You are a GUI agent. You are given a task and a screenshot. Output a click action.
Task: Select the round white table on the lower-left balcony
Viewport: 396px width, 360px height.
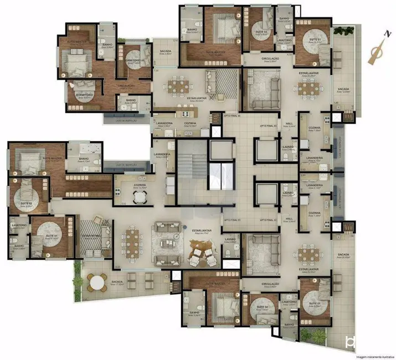[x=97, y=282]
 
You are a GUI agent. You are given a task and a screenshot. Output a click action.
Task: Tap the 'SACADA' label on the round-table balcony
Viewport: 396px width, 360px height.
[x=116, y=281]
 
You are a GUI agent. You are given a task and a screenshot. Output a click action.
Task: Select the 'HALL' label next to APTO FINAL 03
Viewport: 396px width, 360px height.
[x=289, y=124]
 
